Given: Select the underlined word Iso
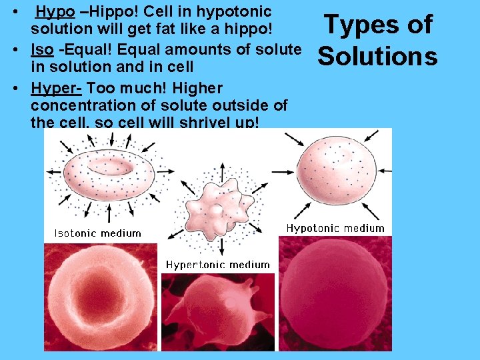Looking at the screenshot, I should [42, 50].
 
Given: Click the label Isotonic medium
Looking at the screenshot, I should [97, 233].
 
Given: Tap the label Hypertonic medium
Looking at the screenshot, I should [217, 265].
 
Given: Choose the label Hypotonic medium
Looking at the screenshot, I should [335, 228].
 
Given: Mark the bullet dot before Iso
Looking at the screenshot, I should [21, 50].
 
